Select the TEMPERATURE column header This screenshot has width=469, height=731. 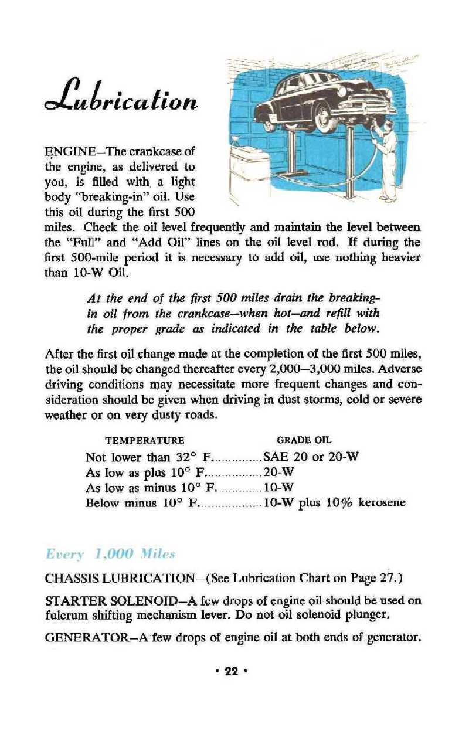[145, 440]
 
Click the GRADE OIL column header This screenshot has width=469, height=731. [300, 440]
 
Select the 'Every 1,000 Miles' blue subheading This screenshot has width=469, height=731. [110, 554]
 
